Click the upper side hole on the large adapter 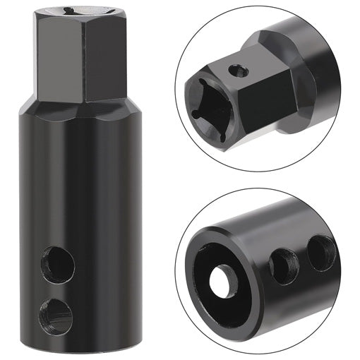(x=58, y=265)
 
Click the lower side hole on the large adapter (x=56, y=315)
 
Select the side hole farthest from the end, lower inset (x=321, y=252)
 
